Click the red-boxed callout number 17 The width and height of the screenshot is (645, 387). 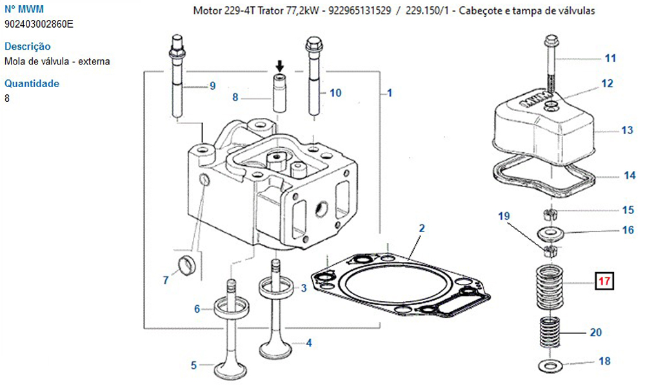pos(604,281)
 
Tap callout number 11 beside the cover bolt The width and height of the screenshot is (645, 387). pos(610,59)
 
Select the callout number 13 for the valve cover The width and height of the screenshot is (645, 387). pos(627,130)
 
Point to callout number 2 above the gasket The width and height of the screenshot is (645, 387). pos(422,228)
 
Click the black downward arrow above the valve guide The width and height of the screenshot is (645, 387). pos(279,65)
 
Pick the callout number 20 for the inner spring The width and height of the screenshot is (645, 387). pos(595,333)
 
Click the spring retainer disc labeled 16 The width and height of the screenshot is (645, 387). pos(550,232)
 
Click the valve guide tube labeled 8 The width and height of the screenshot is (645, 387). pos(279,95)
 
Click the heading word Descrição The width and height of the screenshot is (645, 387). pos(27,46)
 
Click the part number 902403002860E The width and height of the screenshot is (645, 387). pos(39,25)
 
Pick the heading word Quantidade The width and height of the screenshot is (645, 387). pos(32,83)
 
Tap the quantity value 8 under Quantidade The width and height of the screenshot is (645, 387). pos(7,99)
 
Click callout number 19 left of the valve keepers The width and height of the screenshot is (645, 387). pos(504,215)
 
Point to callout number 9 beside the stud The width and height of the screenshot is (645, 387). pos(212,86)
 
